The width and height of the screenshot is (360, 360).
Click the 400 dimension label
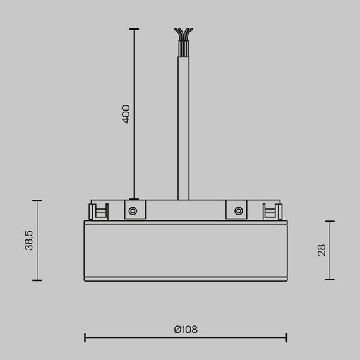pyautogui.click(x=126, y=114)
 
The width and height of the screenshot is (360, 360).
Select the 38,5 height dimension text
pyautogui.click(x=29, y=241)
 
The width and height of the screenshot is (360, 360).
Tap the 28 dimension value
pyautogui.click(x=321, y=250)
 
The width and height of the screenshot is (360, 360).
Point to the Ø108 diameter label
pyautogui.click(x=186, y=329)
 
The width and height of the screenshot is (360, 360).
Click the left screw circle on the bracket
pyautogui.click(x=133, y=211)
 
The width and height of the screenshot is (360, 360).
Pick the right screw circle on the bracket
pyautogui.click(x=238, y=211)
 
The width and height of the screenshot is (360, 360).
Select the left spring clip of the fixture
pyautogui.click(x=100, y=211)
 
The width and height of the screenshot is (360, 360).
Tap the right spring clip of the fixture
pyautogui.click(x=272, y=211)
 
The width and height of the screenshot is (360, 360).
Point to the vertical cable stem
pyautogui.click(x=184, y=126)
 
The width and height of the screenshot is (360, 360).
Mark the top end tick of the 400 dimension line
pyautogui.click(x=133, y=29)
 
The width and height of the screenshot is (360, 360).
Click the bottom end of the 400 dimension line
pyautogui.click(x=133, y=199)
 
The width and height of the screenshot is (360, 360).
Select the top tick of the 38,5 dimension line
pyautogui.click(x=37, y=201)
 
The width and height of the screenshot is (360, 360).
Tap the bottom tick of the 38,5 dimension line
pyautogui.click(x=37, y=280)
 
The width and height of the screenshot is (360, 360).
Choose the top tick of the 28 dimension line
pyautogui.click(x=330, y=222)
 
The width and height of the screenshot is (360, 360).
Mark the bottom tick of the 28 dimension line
pyautogui.click(x=330, y=280)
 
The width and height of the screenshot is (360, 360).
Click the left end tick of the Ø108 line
pyautogui.click(x=85, y=338)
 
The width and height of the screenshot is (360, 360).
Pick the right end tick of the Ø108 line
pyautogui.click(x=286, y=338)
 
